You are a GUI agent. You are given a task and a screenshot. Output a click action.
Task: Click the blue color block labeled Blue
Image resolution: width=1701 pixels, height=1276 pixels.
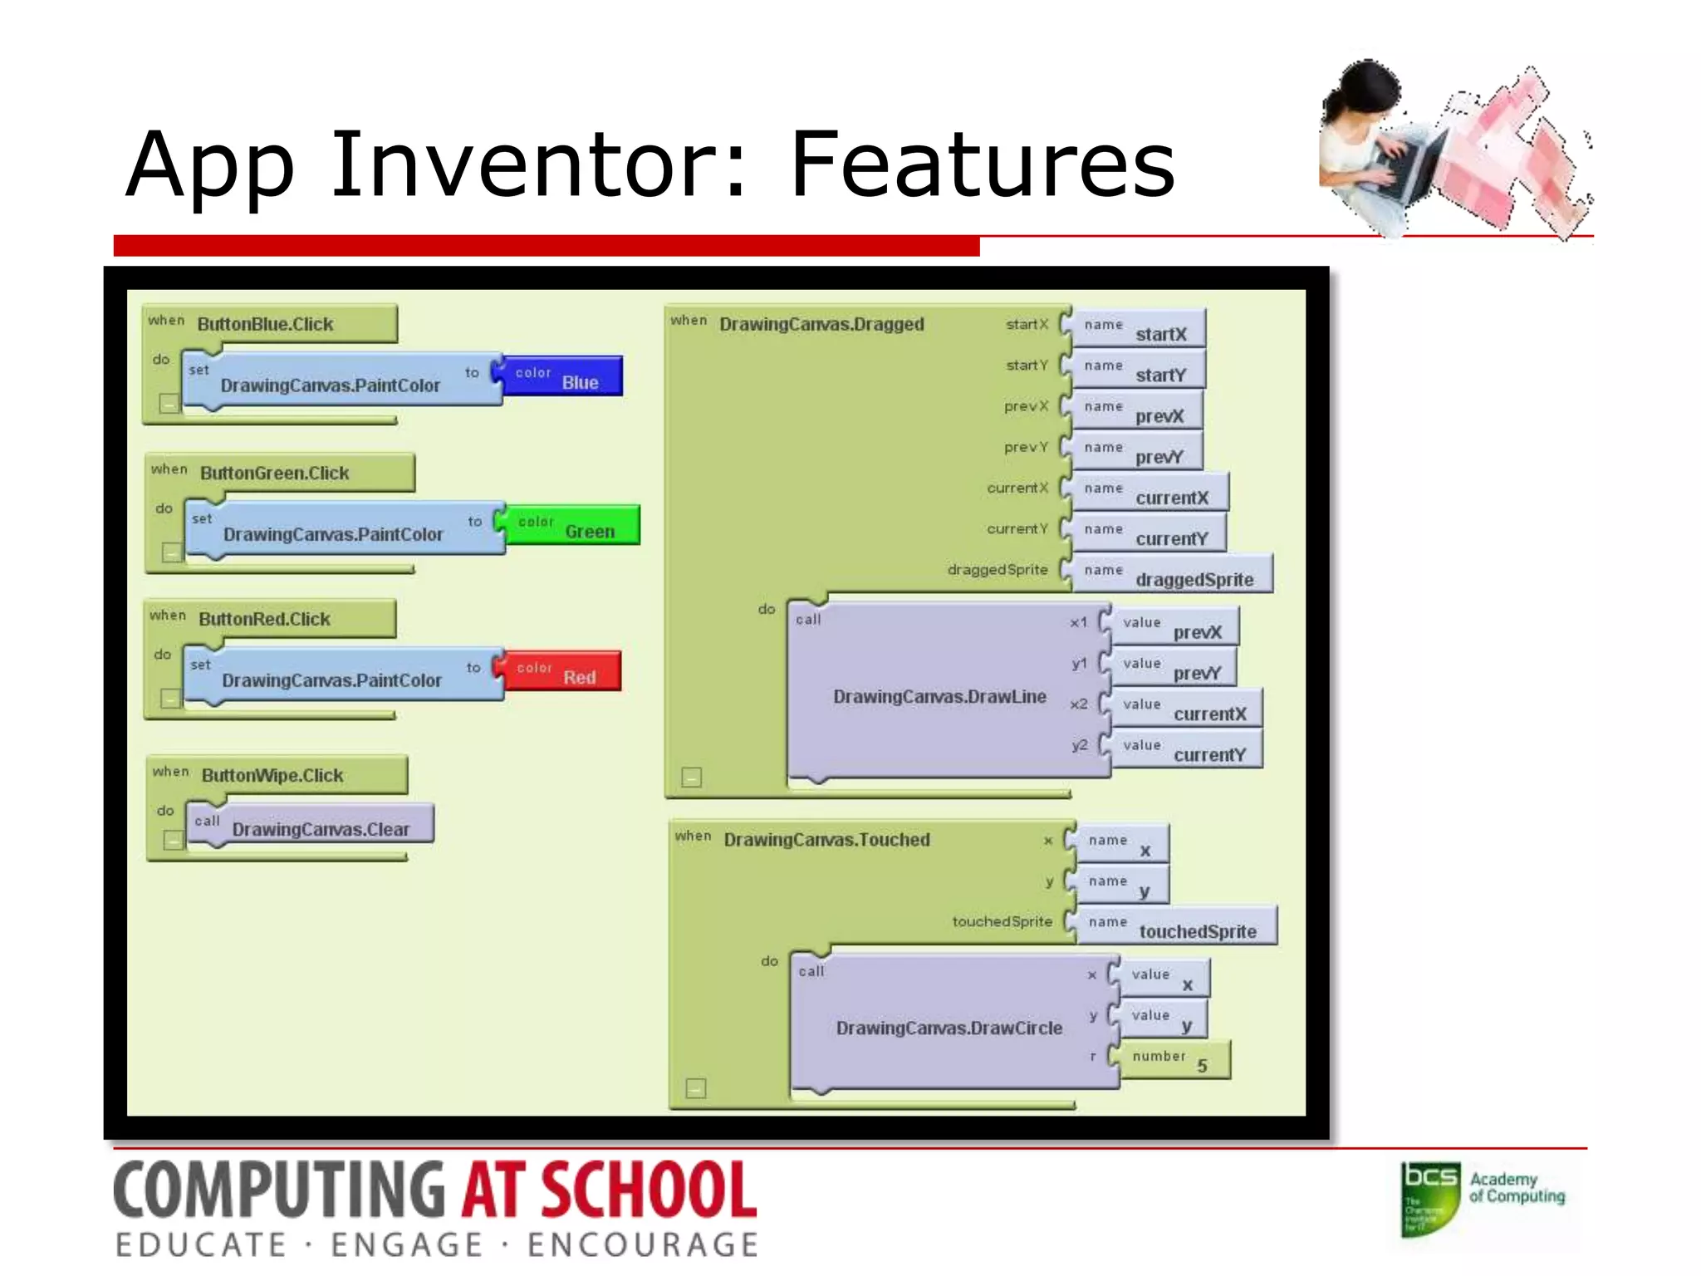(563, 376)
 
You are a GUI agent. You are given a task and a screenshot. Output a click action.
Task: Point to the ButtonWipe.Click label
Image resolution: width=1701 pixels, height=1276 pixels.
(272, 775)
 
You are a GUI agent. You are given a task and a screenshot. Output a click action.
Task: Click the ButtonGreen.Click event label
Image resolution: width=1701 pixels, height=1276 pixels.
(275, 473)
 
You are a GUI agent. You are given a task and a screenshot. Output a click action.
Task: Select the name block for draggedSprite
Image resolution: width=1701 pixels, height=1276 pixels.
(1172, 574)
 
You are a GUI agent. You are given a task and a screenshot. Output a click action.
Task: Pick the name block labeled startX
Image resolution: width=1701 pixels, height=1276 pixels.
(1139, 329)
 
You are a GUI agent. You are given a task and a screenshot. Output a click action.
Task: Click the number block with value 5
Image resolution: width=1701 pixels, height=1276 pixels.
(1173, 1060)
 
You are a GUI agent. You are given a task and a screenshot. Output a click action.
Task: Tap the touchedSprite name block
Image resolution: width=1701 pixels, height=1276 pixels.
(1175, 926)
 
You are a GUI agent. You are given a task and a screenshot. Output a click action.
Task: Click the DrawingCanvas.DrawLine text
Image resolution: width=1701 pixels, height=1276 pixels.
(939, 696)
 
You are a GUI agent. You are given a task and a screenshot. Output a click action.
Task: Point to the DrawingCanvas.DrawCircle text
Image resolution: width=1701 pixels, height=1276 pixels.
(949, 1028)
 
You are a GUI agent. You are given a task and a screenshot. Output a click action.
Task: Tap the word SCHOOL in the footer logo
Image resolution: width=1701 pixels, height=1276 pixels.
(649, 1190)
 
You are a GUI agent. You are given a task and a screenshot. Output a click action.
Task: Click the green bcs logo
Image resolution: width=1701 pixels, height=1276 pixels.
(1429, 1198)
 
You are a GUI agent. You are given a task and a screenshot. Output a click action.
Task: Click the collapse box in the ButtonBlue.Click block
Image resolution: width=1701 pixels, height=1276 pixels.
(169, 404)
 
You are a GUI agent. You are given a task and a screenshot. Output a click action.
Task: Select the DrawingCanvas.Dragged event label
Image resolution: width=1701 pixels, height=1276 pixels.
(821, 324)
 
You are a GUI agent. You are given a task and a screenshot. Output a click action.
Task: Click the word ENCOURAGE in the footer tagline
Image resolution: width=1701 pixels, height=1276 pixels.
(642, 1244)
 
